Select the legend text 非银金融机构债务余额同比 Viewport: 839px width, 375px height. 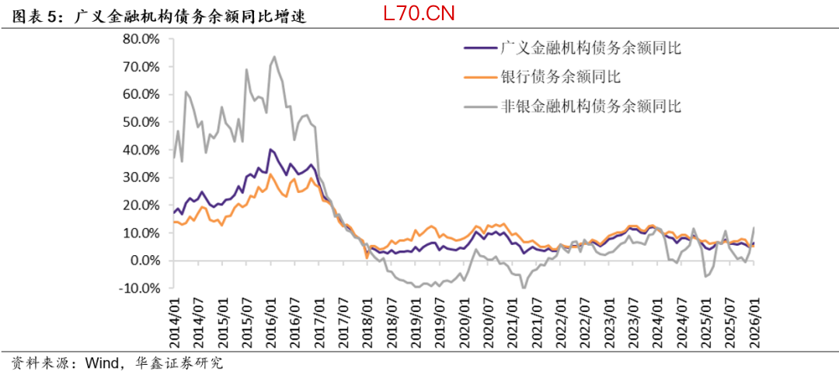point(591,106)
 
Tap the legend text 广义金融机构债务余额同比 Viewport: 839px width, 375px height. point(591,48)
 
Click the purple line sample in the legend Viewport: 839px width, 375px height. point(479,48)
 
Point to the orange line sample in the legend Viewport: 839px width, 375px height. point(479,77)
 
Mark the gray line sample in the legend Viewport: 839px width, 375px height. point(479,106)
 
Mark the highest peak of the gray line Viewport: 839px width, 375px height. point(274,57)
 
